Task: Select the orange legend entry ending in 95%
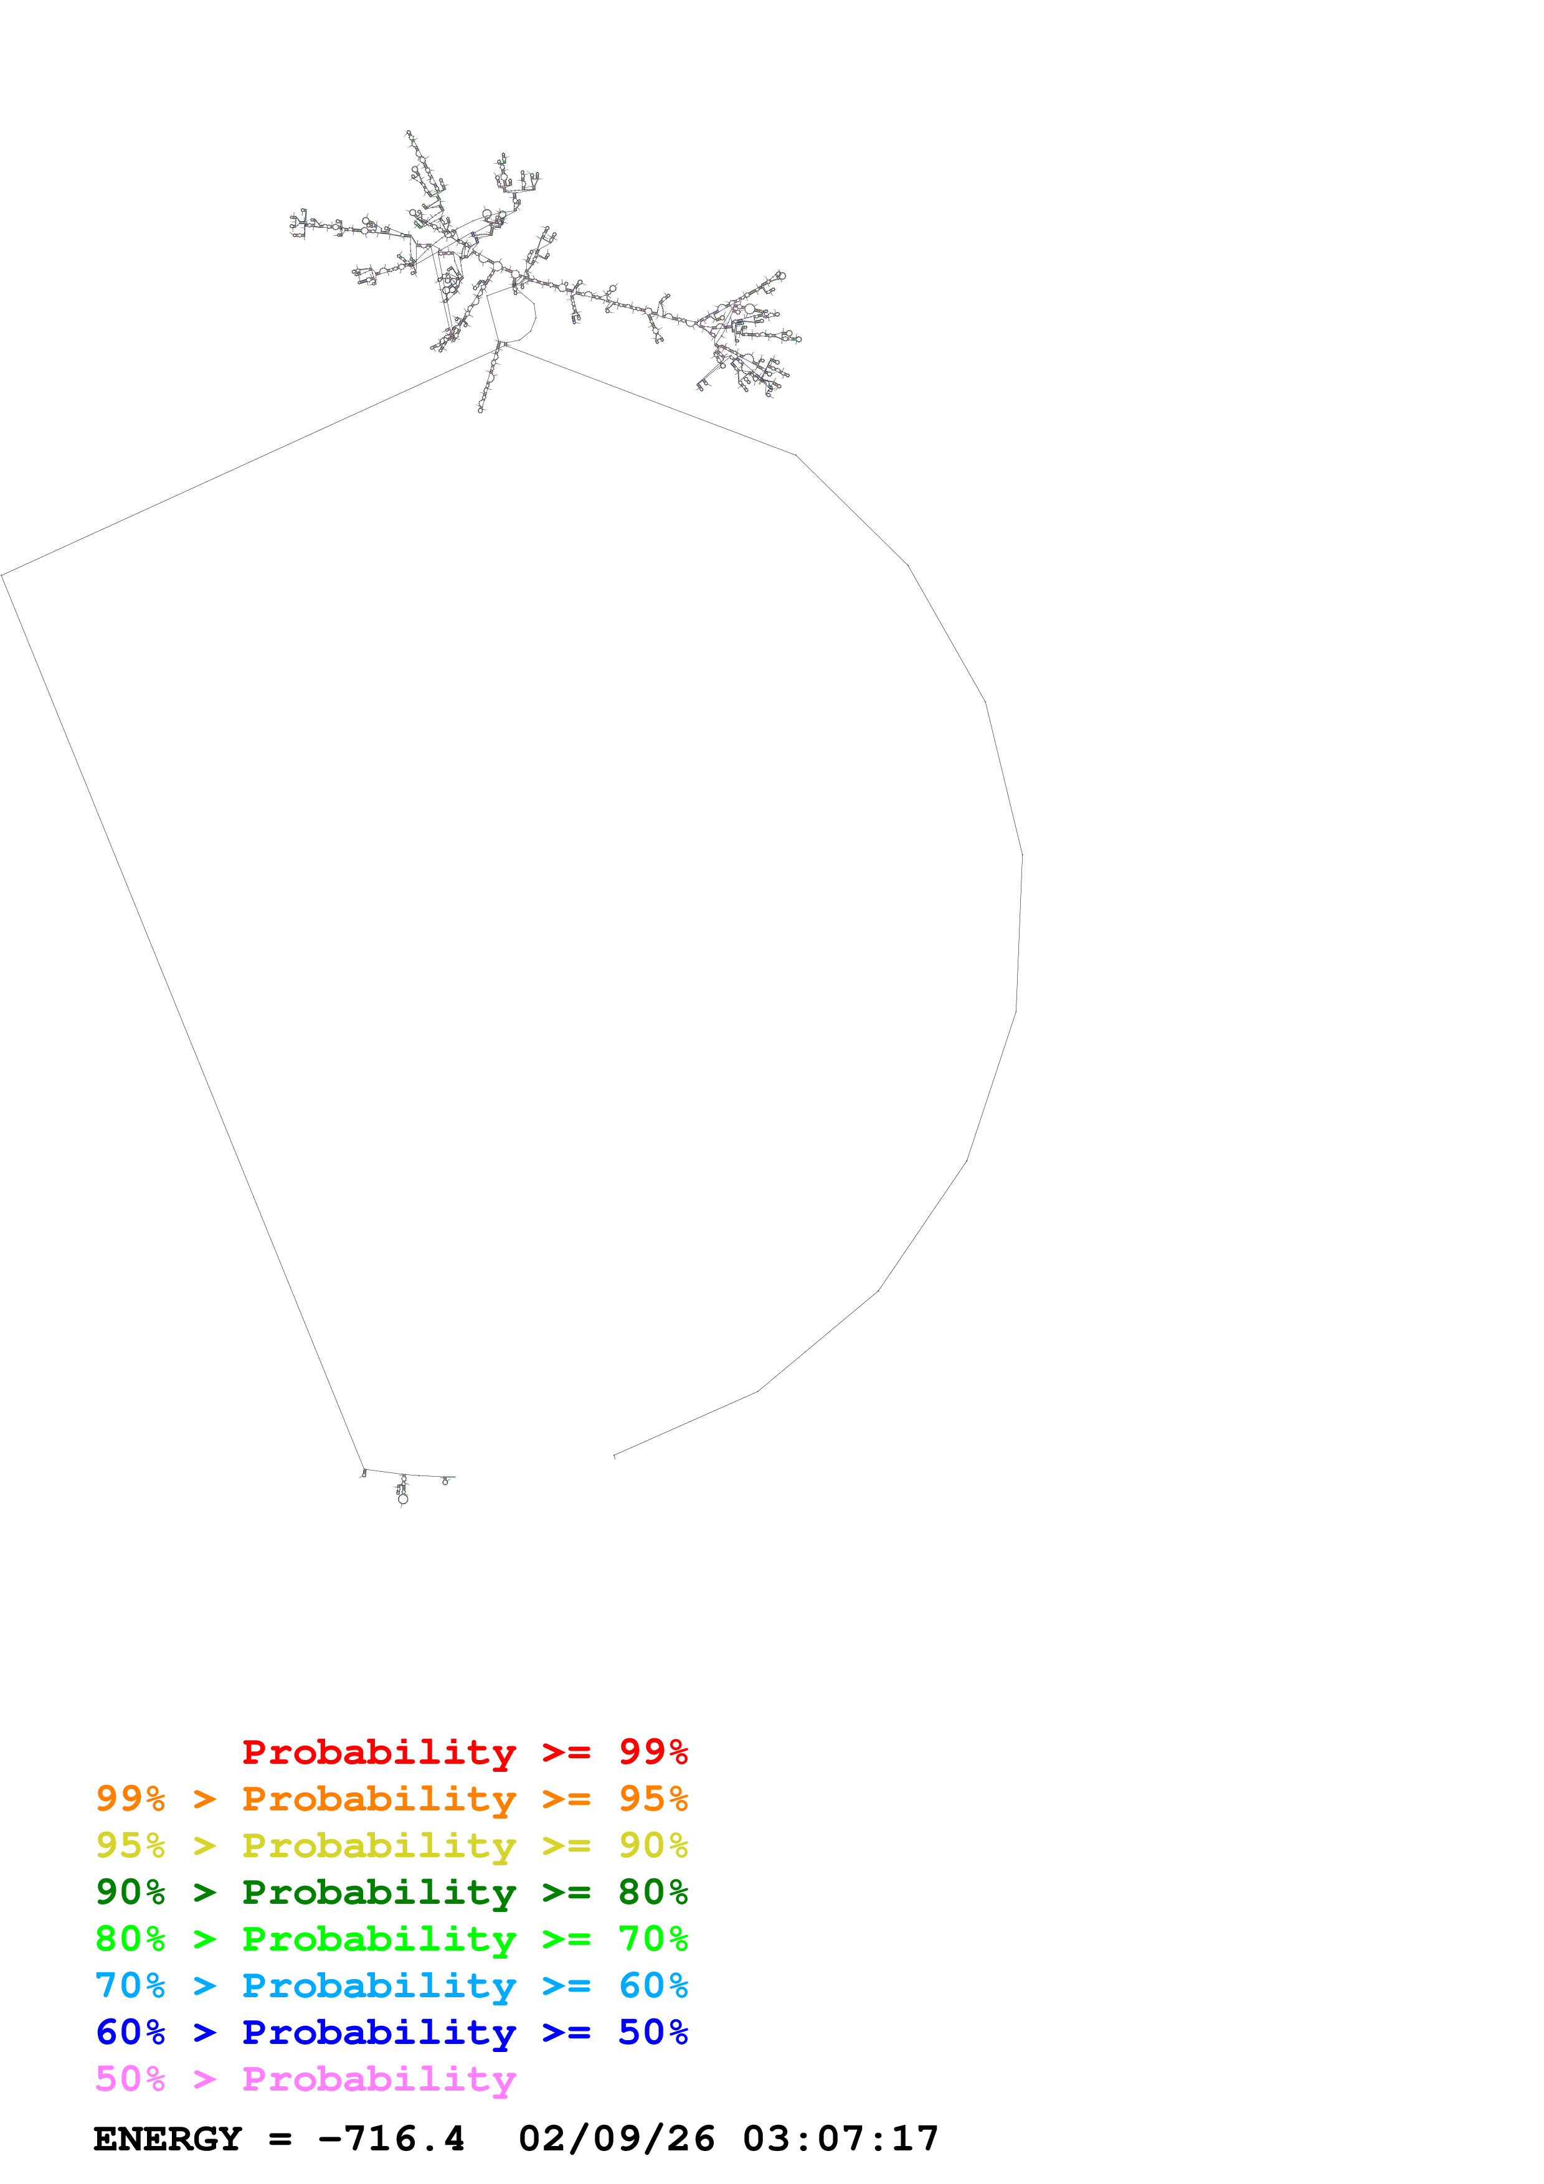click(x=391, y=1799)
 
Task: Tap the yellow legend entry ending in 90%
click(x=391, y=1845)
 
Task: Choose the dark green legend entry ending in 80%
click(x=391, y=1892)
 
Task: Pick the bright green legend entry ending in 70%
click(x=391, y=1939)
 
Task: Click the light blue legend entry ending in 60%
click(x=391, y=1985)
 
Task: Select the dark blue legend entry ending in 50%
click(x=391, y=2032)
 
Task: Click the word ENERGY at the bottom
click(x=168, y=2139)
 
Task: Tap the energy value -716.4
click(x=391, y=2139)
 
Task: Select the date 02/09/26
click(x=617, y=2139)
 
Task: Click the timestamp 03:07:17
click(x=841, y=2139)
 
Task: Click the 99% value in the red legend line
click(x=653, y=1752)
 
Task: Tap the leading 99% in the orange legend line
click(x=130, y=1799)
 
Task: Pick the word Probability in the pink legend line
click(x=379, y=2078)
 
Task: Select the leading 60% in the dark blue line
click(x=130, y=2032)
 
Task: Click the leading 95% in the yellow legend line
click(x=130, y=1845)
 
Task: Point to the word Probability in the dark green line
click(x=379, y=1892)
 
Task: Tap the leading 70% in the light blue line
click(x=130, y=1985)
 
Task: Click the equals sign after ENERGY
click(x=280, y=2139)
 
